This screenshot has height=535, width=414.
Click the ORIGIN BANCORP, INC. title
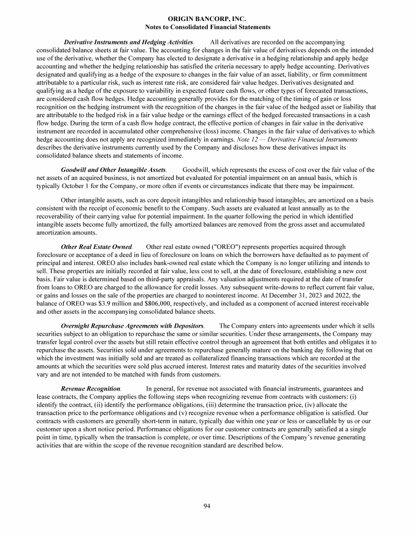pyautogui.click(x=208, y=19)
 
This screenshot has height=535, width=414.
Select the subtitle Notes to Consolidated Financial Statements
pyautogui.click(x=208, y=26)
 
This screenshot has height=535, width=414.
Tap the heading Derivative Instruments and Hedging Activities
pyautogui.click(x=129, y=41)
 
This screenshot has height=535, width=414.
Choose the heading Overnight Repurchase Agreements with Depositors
pyautogui.click(x=133, y=326)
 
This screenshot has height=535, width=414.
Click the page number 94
pyautogui.click(x=208, y=505)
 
